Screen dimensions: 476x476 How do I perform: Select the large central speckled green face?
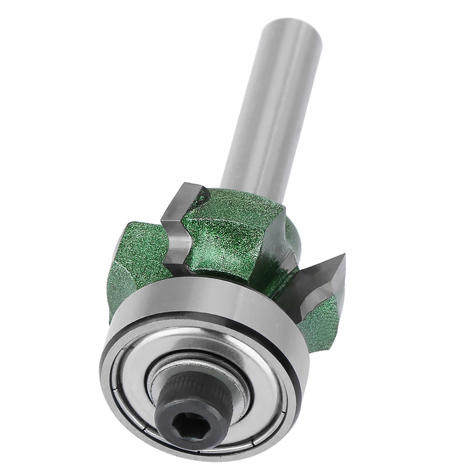pyautogui.click(x=232, y=238)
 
